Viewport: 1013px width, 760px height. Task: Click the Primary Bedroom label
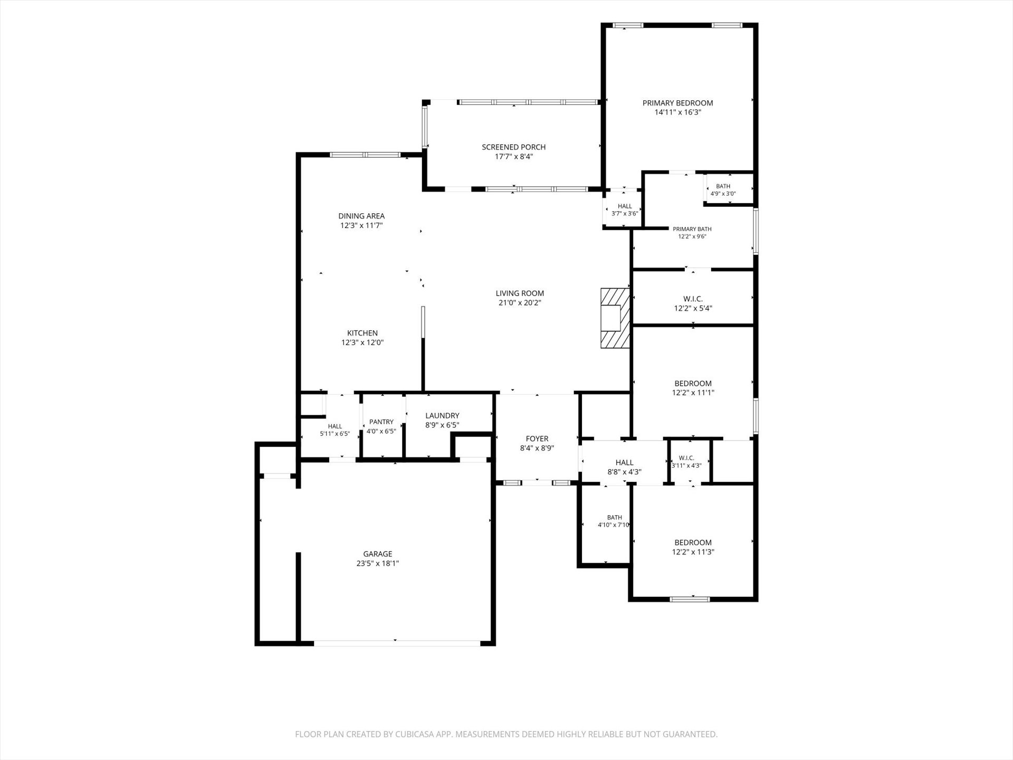[x=677, y=103]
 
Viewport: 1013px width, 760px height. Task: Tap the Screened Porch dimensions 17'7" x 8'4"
[x=514, y=157]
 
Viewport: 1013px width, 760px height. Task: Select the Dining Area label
[x=361, y=216]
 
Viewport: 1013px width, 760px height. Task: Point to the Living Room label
[x=520, y=293]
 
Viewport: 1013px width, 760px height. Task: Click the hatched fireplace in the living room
[x=615, y=318]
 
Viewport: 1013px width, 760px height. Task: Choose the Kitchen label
[x=362, y=333]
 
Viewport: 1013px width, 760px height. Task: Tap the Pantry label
[x=381, y=422]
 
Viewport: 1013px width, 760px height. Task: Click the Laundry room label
[x=442, y=416]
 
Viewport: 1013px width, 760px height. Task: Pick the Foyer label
[x=537, y=439]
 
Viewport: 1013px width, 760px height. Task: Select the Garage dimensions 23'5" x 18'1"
[x=378, y=564]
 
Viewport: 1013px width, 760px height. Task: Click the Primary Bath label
[x=692, y=229]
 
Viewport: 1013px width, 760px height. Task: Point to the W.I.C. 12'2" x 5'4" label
[x=693, y=303]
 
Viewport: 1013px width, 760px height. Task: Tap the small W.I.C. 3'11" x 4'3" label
[x=686, y=462]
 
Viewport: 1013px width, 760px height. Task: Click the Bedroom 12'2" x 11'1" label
[x=693, y=388]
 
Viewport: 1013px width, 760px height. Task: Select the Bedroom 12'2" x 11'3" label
[x=693, y=547]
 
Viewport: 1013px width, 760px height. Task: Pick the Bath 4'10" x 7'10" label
[x=614, y=521]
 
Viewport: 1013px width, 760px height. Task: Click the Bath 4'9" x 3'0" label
[x=723, y=190]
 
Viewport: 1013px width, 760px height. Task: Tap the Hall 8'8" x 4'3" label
[x=625, y=468]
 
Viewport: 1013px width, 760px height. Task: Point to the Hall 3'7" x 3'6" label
[x=625, y=210]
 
